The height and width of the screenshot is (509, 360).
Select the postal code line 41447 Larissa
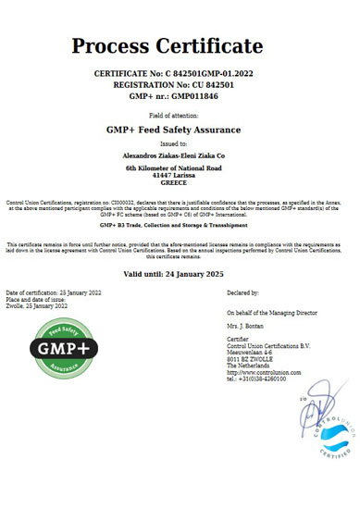click(x=180, y=176)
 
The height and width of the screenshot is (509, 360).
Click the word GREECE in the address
click(x=180, y=183)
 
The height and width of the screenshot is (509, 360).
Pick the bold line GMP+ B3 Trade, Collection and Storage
click(x=180, y=224)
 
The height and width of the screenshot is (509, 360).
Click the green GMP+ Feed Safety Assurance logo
click(x=62, y=348)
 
